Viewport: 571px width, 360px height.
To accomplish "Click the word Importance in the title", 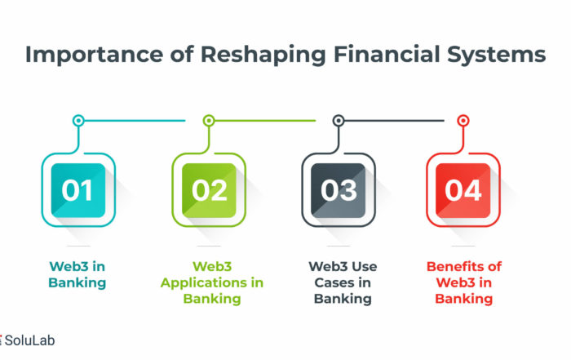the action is (x=94, y=55).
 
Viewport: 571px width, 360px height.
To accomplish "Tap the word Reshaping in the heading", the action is (x=263, y=56).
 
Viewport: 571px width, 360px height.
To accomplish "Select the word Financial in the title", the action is (x=387, y=55).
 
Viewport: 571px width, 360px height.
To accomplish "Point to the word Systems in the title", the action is (x=496, y=55).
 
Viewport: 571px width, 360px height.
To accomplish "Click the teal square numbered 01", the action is (x=78, y=190).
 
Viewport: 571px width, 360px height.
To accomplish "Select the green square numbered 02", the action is (x=209, y=190).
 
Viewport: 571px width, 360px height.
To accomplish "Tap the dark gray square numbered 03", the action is (x=339, y=190).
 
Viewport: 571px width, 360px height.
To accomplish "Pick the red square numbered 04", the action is (x=463, y=190).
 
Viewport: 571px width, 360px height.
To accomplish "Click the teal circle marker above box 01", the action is (x=78, y=120).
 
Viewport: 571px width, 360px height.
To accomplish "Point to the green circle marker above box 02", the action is (x=209, y=120).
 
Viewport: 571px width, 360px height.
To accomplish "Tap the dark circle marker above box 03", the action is (x=339, y=120).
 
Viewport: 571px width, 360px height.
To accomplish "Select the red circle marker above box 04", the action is (x=463, y=120).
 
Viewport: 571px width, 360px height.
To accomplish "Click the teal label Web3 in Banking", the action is (x=77, y=274).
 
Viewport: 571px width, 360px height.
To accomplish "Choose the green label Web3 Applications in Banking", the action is (x=212, y=282).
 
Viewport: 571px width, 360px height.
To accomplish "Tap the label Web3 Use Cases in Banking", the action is (x=343, y=282).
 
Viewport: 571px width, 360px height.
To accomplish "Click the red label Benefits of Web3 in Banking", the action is (x=464, y=282).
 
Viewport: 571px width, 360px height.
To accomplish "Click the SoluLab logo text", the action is (x=29, y=340).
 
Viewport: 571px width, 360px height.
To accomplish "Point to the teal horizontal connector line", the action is (x=135, y=120).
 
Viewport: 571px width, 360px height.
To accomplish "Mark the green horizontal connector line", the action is (x=265, y=120).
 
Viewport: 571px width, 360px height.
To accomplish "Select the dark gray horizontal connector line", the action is (x=394, y=120).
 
